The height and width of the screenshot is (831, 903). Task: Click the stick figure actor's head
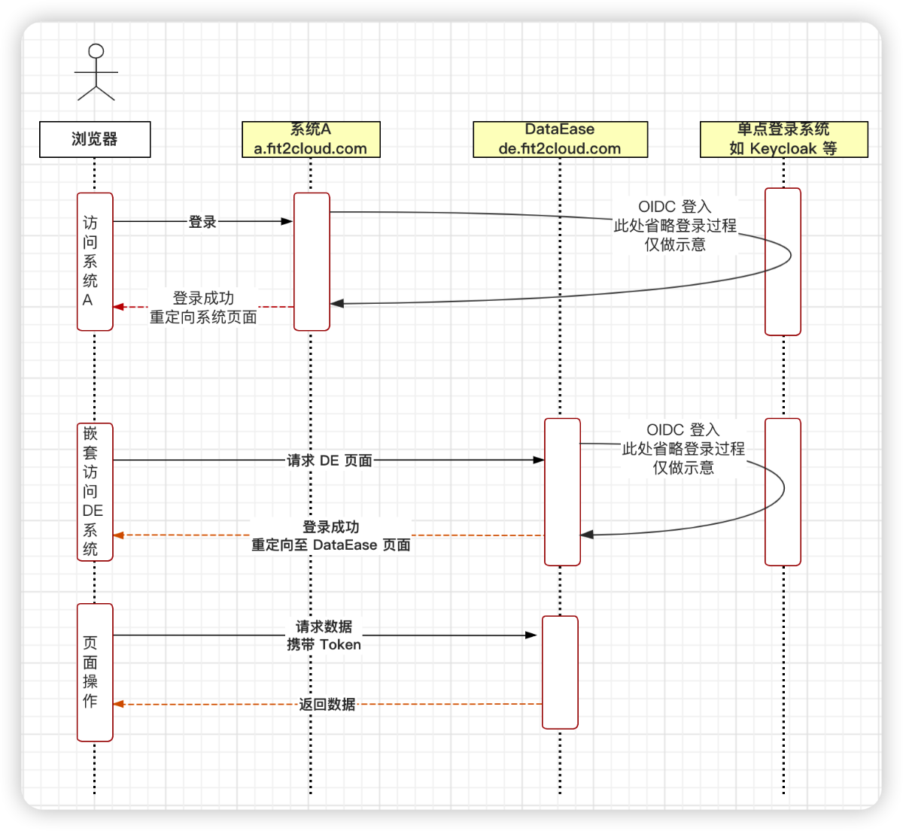pyautogui.click(x=96, y=51)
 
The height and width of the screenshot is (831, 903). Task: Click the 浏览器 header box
pyautogui.click(x=95, y=139)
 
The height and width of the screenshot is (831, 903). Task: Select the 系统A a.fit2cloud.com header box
pyautogui.click(x=311, y=139)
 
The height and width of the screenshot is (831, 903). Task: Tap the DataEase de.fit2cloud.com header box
pyautogui.click(x=560, y=139)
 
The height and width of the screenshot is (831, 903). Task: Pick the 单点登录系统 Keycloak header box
pyautogui.click(x=783, y=139)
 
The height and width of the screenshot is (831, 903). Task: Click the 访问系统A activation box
pyautogui.click(x=95, y=261)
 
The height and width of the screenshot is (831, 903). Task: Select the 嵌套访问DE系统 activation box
pyautogui.click(x=95, y=491)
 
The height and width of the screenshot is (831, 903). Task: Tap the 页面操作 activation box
pyautogui.click(x=95, y=672)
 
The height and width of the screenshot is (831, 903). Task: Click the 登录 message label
pyautogui.click(x=202, y=222)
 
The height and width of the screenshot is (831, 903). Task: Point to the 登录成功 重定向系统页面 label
pyautogui.click(x=203, y=308)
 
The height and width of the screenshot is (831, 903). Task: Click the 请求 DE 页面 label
pyautogui.click(x=330, y=460)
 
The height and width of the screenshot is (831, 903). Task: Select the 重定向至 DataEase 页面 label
pyautogui.click(x=331, y=544)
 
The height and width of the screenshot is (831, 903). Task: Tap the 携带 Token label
pyautogui.click(x=324, y=644)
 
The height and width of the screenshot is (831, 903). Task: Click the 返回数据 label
pyautogui.click(x=327, y=704)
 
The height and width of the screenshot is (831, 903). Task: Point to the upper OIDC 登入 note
pyautogui.click(x=675, y=225)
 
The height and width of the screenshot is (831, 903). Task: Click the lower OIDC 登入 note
pyautogui.click(x=683, y=448)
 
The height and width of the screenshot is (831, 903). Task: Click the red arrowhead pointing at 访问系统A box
pyautogui.click(x=118, y=307)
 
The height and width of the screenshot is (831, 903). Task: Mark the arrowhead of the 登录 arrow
pyautogui.click(x=287, y=221)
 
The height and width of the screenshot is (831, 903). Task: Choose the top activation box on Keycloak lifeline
pyautogui.click(x=783, y=261)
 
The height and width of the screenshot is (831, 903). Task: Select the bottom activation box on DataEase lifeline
pyautogui.click(x=560, y=672)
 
